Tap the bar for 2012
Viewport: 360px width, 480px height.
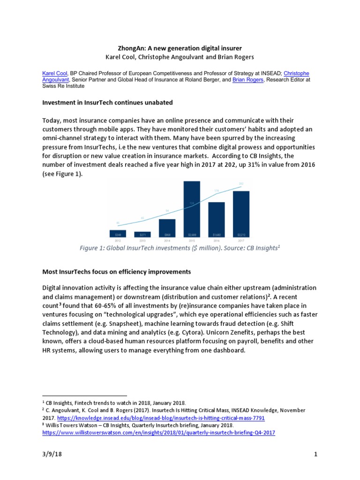click(118, 233)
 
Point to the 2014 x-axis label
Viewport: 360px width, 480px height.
click(167, 240)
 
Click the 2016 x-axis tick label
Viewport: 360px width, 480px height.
click(216, 240)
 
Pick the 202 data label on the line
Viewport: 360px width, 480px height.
click(241, 184)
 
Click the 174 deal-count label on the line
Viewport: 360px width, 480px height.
click(217, 191)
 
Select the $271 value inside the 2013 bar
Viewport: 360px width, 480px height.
click(142, 234)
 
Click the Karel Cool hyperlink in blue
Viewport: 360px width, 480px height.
click(55, 74)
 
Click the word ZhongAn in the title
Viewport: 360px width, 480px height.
click(131, 48)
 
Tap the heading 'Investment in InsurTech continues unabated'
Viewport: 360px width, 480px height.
click(107, 102)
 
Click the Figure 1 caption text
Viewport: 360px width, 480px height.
click(180, 248)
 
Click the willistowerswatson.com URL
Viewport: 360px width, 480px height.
click(158, 433)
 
